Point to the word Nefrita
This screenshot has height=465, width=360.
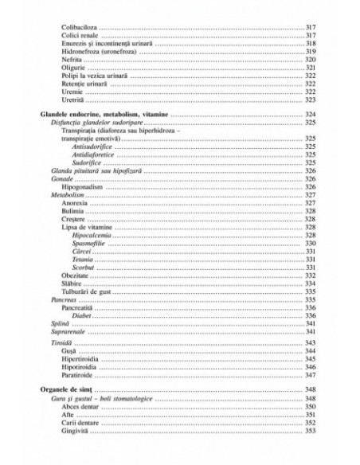click(x=72, y=60)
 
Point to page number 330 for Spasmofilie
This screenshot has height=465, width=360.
click(x=311, y=244)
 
